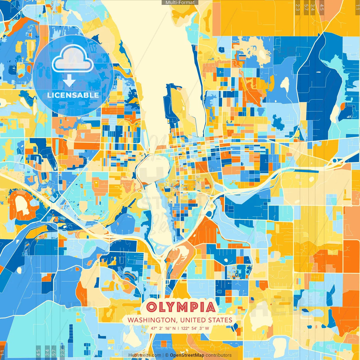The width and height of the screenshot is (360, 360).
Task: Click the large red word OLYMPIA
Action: tap(181, 307)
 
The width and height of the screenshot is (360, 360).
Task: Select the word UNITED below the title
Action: tap(193, 320)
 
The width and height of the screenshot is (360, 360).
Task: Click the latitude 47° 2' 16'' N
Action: tap(163, 328)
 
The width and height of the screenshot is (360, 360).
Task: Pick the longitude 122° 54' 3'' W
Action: tap(195, 328)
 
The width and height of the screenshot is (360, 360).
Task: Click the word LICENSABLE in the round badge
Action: tap(73, 95)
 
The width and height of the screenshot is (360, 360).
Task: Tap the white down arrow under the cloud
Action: tap(69, 81)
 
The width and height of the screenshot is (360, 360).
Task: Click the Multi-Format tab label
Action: tap(180, 3)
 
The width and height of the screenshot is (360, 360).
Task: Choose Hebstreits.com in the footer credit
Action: tap(145, 355)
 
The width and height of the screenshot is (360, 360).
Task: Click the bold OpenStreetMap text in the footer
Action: tap(187, 355)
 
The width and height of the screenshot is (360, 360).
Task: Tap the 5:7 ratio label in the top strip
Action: tap(306, 7)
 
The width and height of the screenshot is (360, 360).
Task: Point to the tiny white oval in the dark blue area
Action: tap(318, 72)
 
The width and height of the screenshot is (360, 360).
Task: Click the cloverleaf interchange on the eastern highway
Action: tap(336, 161)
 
